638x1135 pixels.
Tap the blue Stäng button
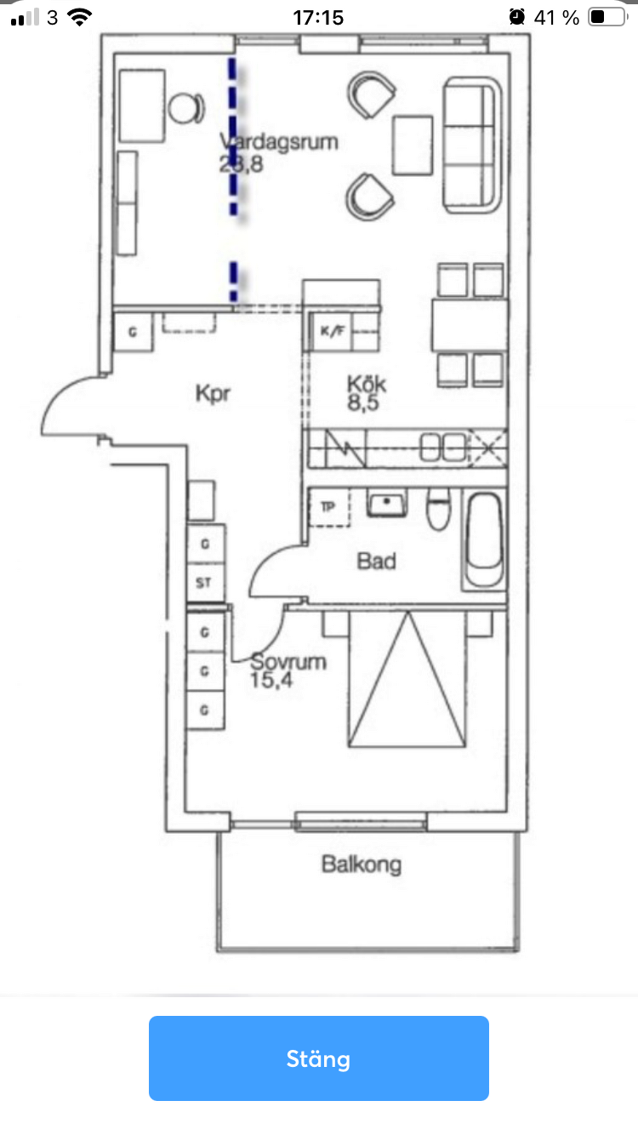tap(318, 1058)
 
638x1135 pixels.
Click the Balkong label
tap(361, 865)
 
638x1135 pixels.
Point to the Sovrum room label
tap(288, 661)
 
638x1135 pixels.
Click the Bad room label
tap(376, 562)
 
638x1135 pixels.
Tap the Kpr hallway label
tap(213, 395)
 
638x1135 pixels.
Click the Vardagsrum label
tap(279, 141)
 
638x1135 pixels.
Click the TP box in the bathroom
tap(328, 507)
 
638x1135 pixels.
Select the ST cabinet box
tap(204, 583)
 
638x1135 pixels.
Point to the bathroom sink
tap(388, 504)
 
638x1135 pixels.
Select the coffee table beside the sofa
tap(413, 145)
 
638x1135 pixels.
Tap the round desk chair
tap(185, 108)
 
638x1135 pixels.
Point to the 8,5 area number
tap(362, 402)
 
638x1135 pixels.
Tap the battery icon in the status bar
tap(607, 17)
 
